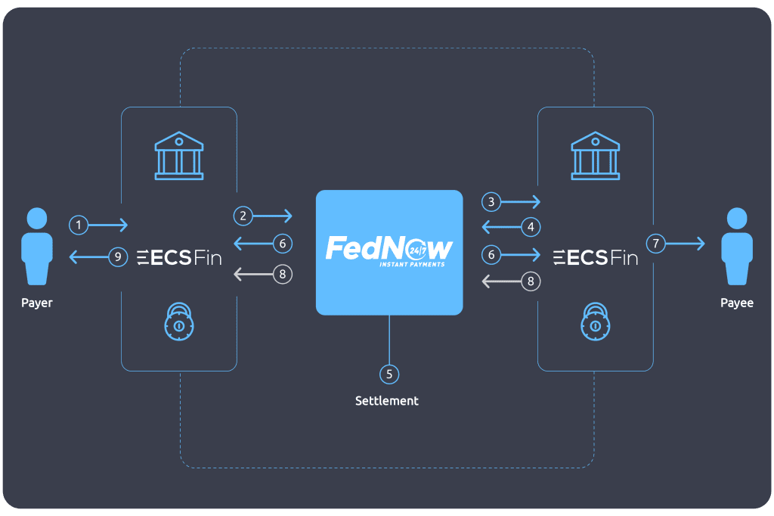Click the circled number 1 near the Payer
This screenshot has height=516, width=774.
click(78, 225)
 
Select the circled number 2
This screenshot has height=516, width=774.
click(243, 216)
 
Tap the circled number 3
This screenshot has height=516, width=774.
click(491, 201)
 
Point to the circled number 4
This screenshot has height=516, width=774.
click(531, 226)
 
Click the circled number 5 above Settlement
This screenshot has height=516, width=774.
click(389, 373)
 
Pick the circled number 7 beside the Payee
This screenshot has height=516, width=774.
click(656, 244)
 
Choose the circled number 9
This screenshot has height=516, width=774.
click(117, 257)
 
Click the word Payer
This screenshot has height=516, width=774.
click(37, 303)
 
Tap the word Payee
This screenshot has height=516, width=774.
click(736, 303)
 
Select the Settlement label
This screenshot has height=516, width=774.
click(387, 401)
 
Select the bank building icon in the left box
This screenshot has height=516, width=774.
click(178, 156)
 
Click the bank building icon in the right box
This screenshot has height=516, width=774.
click(596, 156)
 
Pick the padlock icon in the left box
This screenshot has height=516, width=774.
click(179, 322)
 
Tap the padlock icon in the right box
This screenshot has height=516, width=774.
click(596, 322)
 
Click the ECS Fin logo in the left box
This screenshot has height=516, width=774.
click(179, 258)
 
